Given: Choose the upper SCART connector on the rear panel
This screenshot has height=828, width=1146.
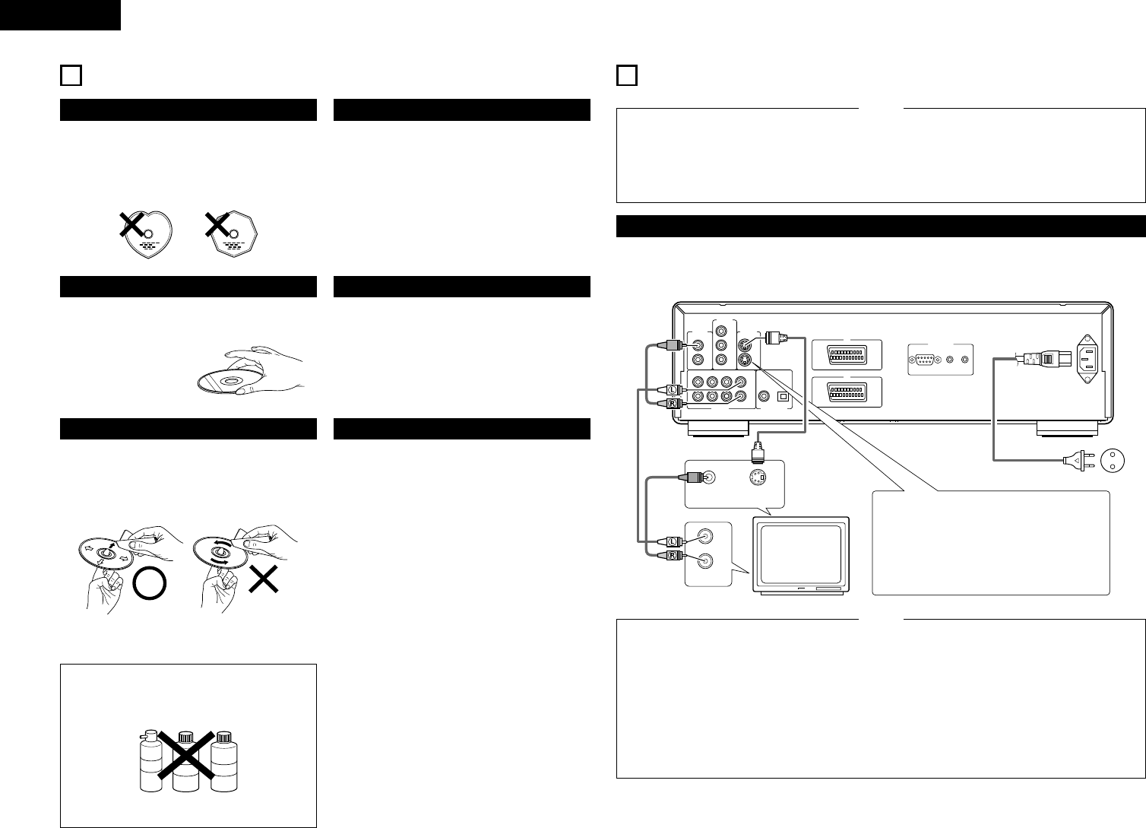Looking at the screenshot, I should click(x=845, y=354).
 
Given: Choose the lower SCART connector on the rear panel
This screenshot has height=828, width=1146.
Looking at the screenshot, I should click(x=845, y=392).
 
